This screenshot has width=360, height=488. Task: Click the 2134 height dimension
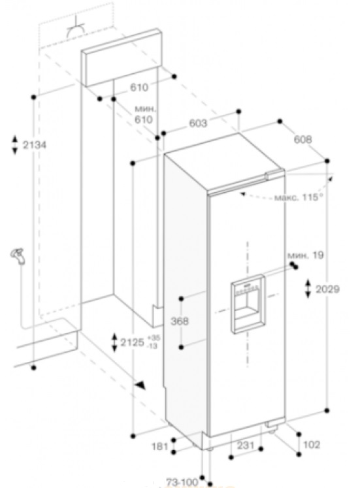point(35,145)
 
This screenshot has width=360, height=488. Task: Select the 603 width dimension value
point(198,123)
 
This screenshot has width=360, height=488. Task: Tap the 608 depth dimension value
point(303,139)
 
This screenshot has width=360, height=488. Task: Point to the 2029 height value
point(327,289)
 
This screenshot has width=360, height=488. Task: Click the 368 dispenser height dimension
point(180,321)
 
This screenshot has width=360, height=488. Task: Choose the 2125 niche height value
point(133,342)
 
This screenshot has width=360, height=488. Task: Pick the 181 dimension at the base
point(159,447)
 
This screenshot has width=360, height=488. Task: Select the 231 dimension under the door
point(246,445)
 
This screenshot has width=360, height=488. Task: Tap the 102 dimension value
point(312,444)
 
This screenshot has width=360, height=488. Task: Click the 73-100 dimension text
point(182,482)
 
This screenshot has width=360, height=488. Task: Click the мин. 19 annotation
point(305,255)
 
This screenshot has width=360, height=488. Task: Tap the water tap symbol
point(18,257)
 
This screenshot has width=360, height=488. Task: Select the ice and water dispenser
point(248,304)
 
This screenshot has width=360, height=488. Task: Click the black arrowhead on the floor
point(140,385)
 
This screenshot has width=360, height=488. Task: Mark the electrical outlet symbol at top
point(76,29)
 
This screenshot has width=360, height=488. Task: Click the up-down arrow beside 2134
point(14,145)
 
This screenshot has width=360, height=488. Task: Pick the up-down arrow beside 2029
point(308,289)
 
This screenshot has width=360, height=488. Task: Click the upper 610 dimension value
point(139,88)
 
